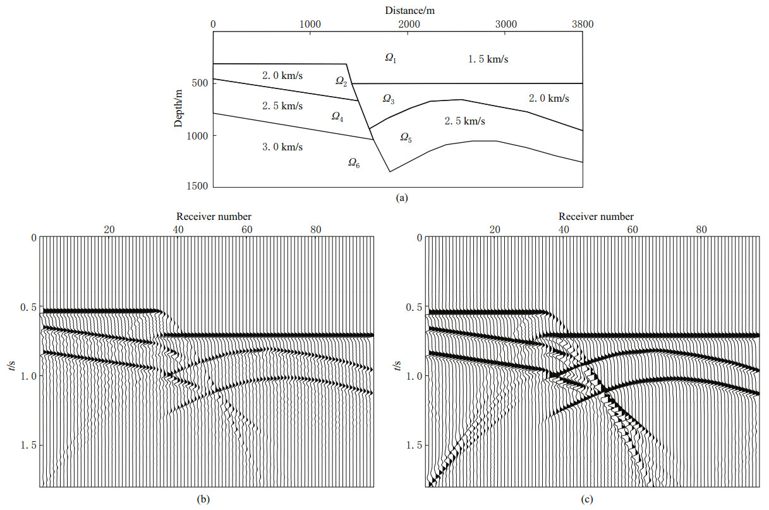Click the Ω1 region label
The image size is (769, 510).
pos(391,58)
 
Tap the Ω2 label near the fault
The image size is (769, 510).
pos(341,82)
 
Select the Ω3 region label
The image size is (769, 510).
pos(389,99)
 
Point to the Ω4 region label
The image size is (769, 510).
pos(337,116)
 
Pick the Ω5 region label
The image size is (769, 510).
pos(406,138)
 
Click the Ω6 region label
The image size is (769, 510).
pos(354,163)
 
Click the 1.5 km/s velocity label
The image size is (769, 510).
pos(488,59)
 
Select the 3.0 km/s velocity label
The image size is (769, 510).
pos(282,147)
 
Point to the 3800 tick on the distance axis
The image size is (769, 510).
pos(582,25)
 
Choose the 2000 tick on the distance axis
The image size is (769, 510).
pos(408,25)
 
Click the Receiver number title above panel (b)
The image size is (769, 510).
pos(214,216)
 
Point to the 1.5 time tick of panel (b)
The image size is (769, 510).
pos(26,446)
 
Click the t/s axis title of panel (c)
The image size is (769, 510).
pos(396,363)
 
